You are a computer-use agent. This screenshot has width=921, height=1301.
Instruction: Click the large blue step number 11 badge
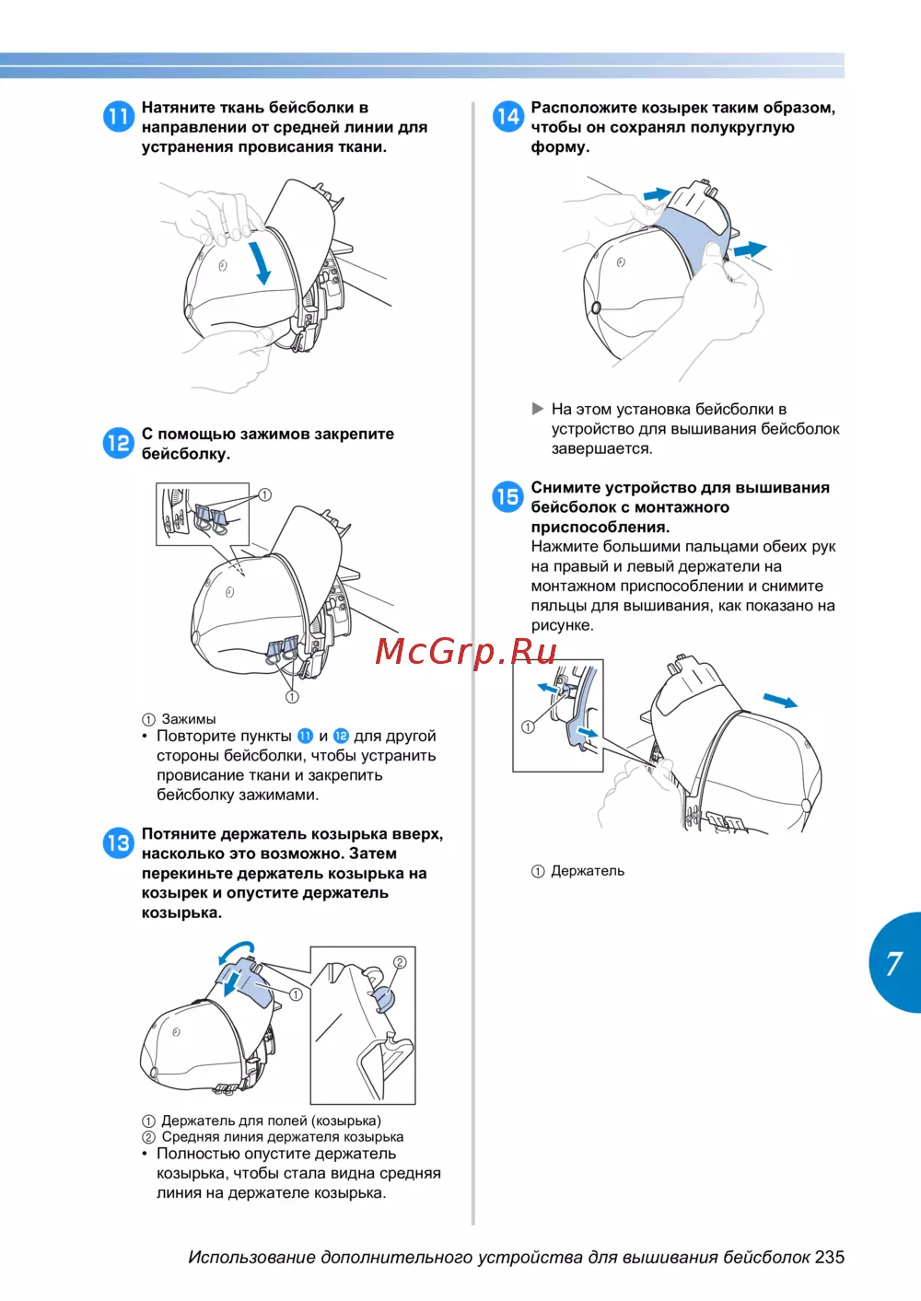(118, 116)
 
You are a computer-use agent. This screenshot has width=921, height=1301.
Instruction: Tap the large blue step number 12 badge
(118, 443)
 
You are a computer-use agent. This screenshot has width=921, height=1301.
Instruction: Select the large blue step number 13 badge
(118, 842)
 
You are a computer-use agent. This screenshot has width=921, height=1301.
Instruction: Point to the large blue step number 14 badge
(507, 116)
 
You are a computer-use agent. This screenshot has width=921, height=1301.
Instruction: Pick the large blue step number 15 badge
(507, 497)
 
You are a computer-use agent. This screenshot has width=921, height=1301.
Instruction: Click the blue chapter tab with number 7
(894, 963)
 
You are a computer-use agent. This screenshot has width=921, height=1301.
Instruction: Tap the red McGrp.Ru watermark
(466, 651)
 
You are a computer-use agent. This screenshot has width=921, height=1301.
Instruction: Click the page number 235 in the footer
(829, 1257)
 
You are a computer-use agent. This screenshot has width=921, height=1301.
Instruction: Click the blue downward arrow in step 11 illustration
(261, 261)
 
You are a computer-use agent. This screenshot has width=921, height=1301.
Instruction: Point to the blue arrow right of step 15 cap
(780, 702)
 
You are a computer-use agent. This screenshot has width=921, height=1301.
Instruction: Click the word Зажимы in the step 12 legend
(189, 719)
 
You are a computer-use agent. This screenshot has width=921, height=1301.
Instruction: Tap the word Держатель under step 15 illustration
(588, 871)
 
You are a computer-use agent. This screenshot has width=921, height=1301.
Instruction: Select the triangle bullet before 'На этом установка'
(538, 409)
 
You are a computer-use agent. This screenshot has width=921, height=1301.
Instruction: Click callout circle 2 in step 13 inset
(400, 962)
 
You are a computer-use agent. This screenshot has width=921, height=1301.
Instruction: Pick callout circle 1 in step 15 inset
(528, 727)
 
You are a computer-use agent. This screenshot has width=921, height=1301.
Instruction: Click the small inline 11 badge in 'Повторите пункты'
(305, 736)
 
